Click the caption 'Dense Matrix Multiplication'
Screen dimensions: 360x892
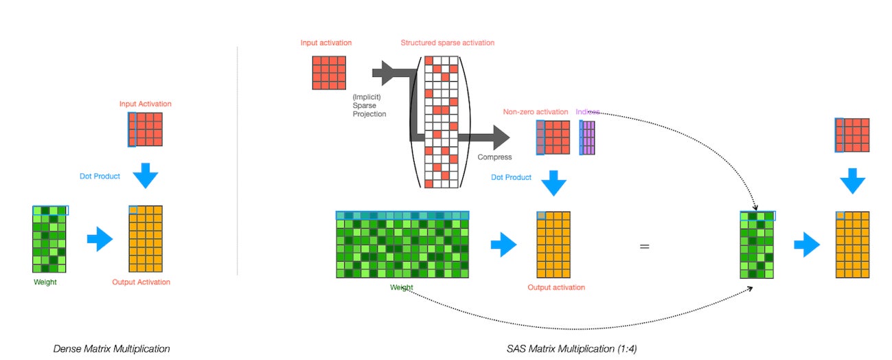[111, 349]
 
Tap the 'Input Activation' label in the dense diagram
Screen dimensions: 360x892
[146, 104]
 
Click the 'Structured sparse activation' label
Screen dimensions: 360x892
[448, 43]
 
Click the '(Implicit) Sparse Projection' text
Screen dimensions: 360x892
[370, 105]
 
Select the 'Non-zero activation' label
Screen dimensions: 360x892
[536, 112]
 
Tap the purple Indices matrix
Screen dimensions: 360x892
[586, 137]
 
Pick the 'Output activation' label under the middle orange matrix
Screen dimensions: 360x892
[556, 287]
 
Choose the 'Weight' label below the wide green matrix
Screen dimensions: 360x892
[402, 287]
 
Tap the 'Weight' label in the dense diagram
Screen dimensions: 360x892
[45, 282]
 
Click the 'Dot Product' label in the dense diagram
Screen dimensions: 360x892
[100, 177]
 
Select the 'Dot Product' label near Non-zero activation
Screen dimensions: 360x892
[511, 177]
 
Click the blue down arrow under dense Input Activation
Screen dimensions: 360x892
[146, 175]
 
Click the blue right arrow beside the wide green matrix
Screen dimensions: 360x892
[504, 245]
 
